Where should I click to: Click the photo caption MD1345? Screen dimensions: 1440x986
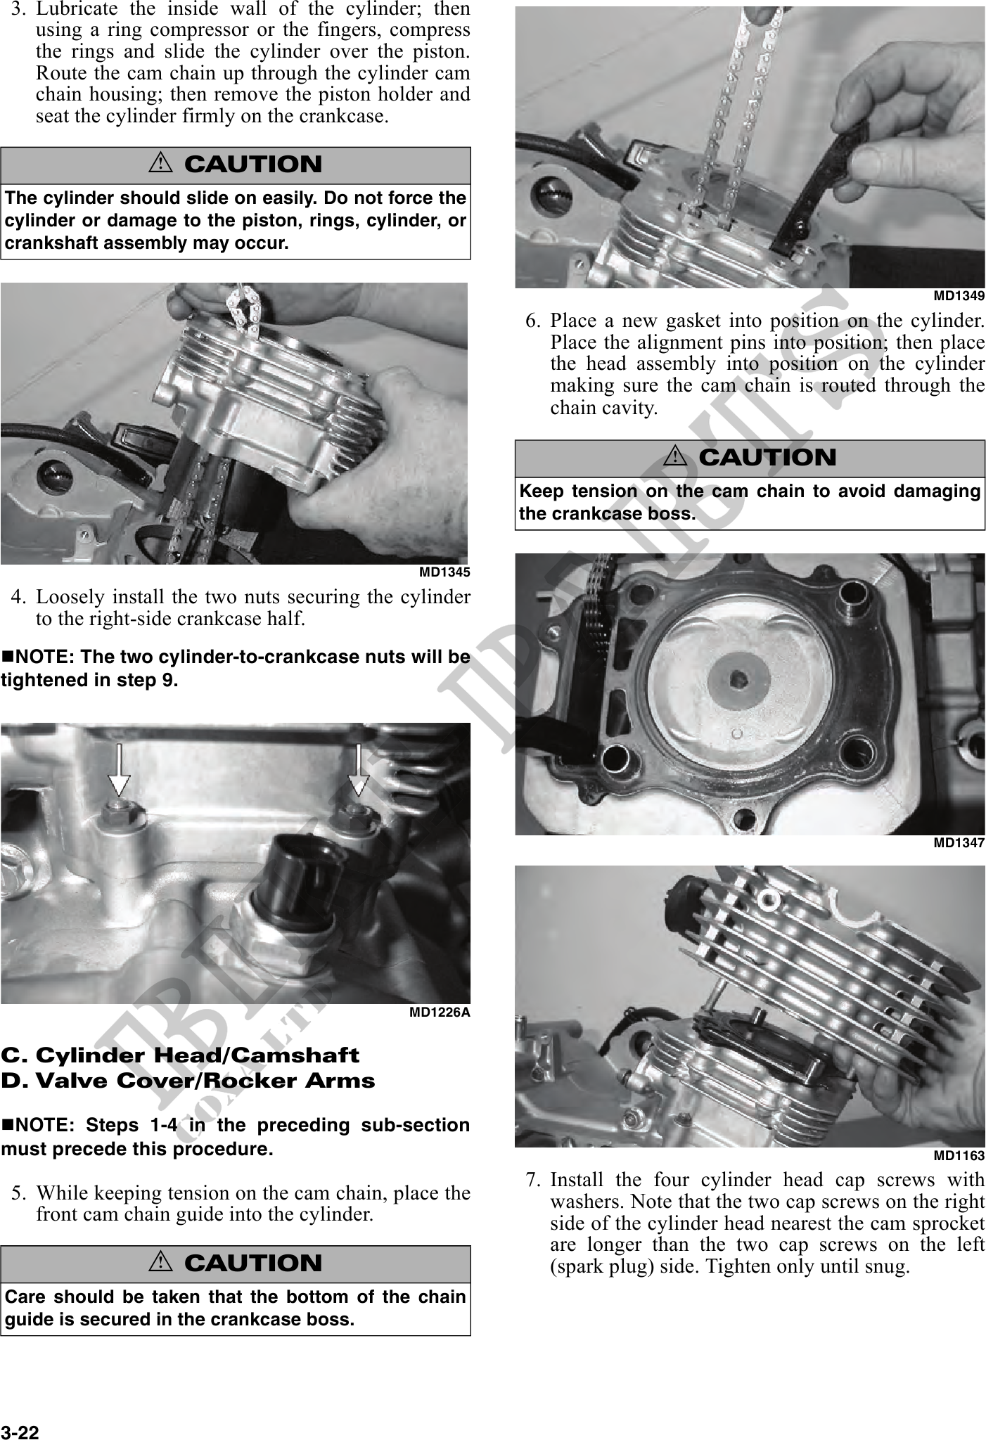(x=444, y=572)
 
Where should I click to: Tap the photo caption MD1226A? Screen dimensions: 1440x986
(x=440, y=1012)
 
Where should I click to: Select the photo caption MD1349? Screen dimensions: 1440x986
(x=959, y=296)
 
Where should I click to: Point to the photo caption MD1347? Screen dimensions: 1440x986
(x=959, y=842)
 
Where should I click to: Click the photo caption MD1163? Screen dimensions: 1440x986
(x=959, y=1155)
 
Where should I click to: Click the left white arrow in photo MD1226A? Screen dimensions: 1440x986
(x=119, y=769)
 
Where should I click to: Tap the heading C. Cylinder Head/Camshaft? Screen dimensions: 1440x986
(x=180, y=1055)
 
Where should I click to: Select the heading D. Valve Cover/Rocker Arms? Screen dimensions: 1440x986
(x=188, y=1081)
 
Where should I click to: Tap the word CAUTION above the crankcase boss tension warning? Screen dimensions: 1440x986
(x=767, y=458)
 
